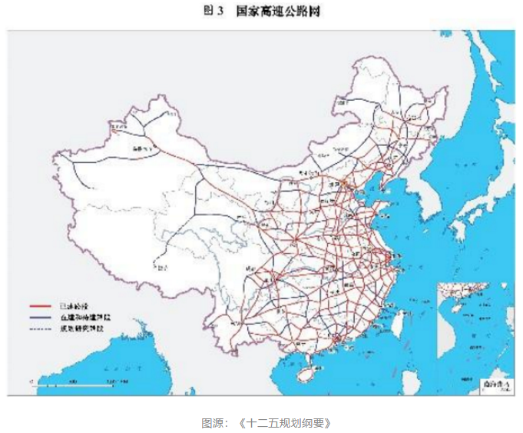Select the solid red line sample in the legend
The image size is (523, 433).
(41, 305)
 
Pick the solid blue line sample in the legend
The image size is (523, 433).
(41, 316)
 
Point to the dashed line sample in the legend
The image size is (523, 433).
(41, 328)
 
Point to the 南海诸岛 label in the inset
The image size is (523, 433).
(495, 382)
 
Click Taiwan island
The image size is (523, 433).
(400, 317)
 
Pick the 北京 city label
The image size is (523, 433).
(335, 185)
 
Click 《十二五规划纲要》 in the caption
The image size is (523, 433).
(283, 423)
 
